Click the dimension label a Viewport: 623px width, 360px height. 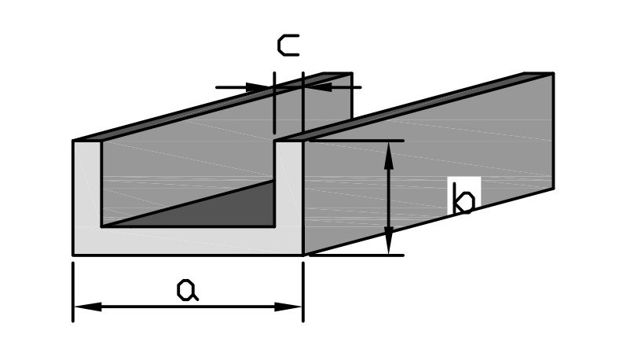187,289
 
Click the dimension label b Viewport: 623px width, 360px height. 464,200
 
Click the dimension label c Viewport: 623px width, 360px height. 288,45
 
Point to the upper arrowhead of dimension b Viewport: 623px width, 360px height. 388,153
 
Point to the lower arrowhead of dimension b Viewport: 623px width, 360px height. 388,243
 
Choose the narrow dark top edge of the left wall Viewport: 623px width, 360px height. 212,106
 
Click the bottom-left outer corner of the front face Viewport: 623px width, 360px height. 73,255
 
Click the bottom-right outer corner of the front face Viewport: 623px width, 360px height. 303,255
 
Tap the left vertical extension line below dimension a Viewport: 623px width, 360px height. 73,291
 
